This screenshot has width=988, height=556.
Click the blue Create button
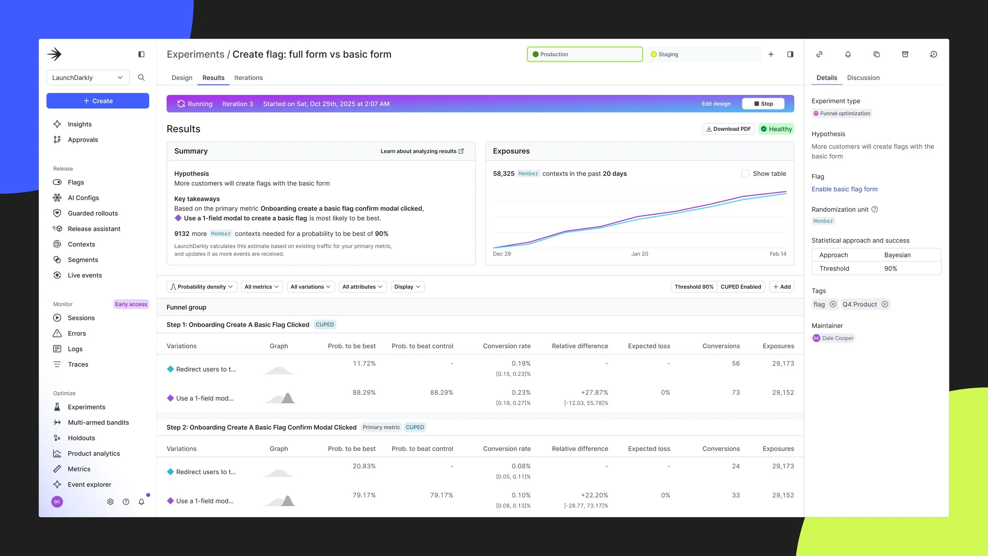coord(98,101)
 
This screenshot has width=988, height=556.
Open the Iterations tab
coord(248,78)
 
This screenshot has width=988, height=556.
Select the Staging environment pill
coord(703,55)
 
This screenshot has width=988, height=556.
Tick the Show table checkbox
coord(745,173)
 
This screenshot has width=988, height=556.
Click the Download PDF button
coord(728,129)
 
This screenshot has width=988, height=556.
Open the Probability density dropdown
coord(202,287)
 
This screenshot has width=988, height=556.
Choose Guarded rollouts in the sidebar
coord(92,213)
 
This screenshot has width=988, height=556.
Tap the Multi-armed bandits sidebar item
coord(98,422)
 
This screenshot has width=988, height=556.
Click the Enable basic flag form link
coord(844,189)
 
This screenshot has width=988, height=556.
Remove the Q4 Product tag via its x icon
coord(885,304)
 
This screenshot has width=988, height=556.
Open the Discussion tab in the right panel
coord(863,78)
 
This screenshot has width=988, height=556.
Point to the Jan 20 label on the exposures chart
coord(639,254)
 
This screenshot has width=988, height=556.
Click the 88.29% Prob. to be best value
coord(364,393)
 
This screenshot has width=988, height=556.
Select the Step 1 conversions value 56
coord(735,364)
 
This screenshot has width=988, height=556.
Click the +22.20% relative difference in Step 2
coord(594,496)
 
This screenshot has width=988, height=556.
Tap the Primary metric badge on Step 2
coord(381,427)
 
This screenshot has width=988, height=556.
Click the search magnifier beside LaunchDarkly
coord(141,78)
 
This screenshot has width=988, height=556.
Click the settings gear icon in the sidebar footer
coord(110,502)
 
